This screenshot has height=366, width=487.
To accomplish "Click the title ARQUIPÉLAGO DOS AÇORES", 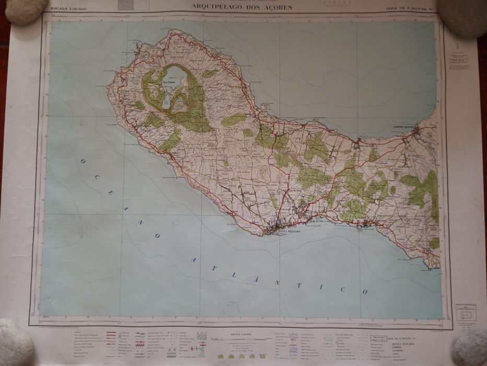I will coord(242,6).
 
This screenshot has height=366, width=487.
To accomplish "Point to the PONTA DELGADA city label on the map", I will coord(289,231).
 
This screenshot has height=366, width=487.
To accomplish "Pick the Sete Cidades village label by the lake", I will coord(167,87).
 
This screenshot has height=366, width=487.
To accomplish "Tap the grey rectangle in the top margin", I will coord(126,5).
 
